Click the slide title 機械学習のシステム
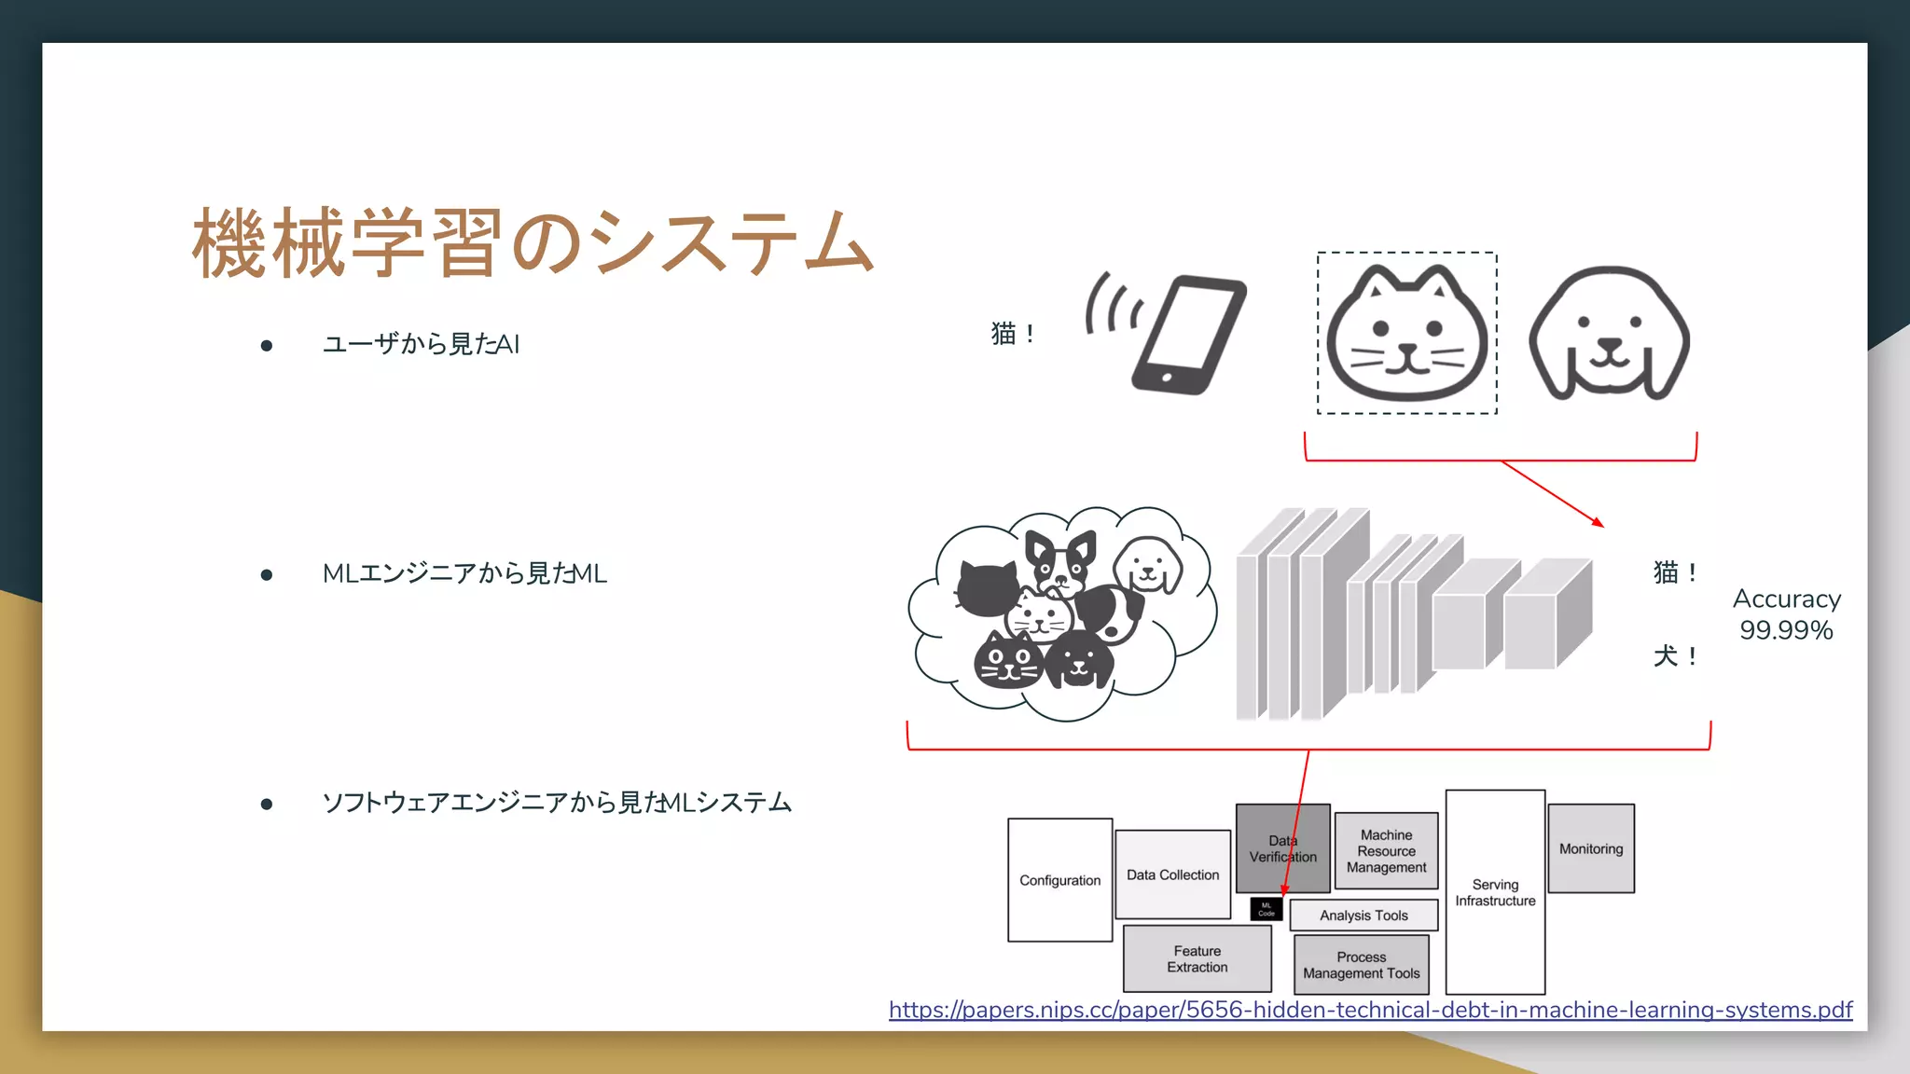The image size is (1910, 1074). pos(533,243)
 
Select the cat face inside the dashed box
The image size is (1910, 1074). pos(1406,334)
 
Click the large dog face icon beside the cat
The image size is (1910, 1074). pos(1609,334)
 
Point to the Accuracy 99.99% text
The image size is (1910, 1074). pos(1786,614)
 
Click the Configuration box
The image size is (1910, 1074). pos(1059,880)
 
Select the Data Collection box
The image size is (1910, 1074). pos(1172,874)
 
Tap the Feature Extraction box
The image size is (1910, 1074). pos(1197,958)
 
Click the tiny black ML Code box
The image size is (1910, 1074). pos(1266,909)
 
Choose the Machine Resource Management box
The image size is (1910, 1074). pos(1386,850)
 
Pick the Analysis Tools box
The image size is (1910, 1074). pos(1363,916)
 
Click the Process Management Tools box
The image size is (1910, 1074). pos(1362,965)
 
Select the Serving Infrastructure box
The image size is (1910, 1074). pos(1495,892)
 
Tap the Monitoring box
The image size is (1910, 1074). pos(1591,848)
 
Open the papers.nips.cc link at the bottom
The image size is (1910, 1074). pos(1370,1010)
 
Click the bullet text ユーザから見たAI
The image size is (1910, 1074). pos(421,344)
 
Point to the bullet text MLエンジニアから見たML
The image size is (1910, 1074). pos(464,573)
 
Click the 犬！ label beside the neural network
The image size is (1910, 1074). pos(1675,656)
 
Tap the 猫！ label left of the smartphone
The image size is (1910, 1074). pos(1013,333)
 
